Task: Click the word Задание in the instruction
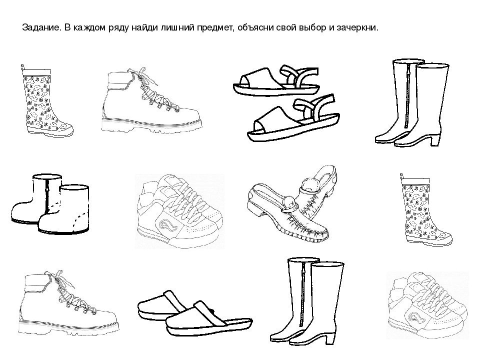pos(41,28)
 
